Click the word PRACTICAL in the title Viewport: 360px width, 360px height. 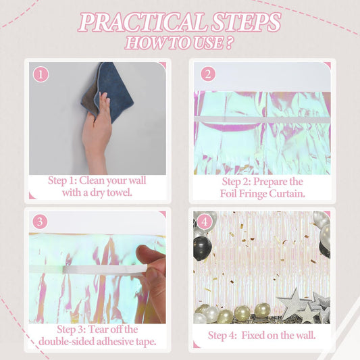click(x=142, y=22)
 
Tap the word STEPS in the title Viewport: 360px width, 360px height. click(x=246, y=22)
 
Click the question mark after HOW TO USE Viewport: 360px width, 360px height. click(x=229, y=43)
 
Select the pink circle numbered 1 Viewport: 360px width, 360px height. click(x=41, y=74)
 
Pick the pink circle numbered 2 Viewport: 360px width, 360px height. click(x=208, y=74)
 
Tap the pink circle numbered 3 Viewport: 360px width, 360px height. click(x=40, y=222)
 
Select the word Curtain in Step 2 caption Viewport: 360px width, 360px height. click(x=287, y=194)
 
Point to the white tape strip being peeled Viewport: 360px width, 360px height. click(x=105, y=269)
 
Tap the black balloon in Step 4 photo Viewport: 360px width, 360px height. click(x=202, y=249)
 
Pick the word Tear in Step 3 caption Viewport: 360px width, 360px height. click(x=97, y=330)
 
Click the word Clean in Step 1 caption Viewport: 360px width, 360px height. click(x=92, y=180)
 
